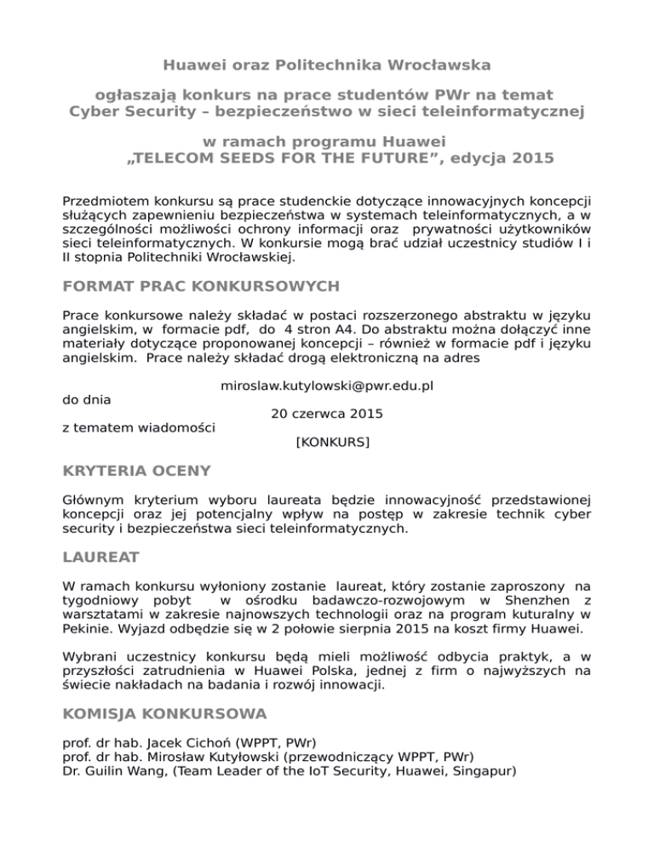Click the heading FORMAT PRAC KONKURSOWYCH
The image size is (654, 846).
click(202, 285)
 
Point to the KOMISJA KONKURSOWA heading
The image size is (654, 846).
click(165, 712)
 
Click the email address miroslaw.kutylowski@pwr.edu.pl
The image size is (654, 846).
click(327, 386)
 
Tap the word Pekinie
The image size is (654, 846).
click(90, 631)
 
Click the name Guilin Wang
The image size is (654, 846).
click(129, 770)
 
